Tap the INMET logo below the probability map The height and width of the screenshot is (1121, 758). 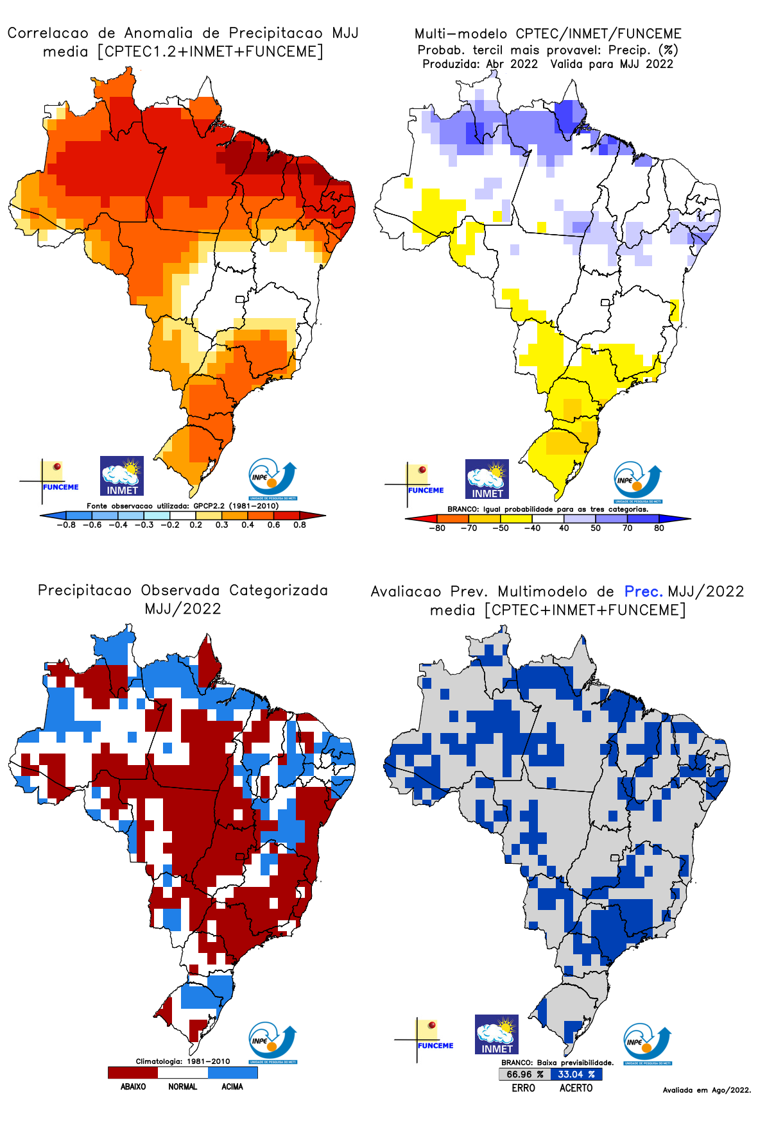coord(487,479)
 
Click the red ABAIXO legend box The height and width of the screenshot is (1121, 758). coord(133,1072)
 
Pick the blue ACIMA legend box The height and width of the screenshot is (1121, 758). coord(232,1072)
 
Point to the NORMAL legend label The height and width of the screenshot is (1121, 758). coord(183,1086)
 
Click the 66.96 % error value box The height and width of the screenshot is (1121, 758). coord(524,1074)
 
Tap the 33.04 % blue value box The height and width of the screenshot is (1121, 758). coord(576,1074)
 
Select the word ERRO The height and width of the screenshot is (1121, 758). coord(524,1088)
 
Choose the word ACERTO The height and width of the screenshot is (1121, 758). coord(576,1088)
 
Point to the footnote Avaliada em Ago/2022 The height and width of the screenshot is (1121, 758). coord(707,1090)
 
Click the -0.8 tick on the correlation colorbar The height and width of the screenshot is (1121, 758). coord(65,525)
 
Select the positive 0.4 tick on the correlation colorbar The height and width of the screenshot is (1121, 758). coord(248,525)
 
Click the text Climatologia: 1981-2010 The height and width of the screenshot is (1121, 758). coord(182,1061)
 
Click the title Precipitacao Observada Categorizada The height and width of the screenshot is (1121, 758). coord(183,590)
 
